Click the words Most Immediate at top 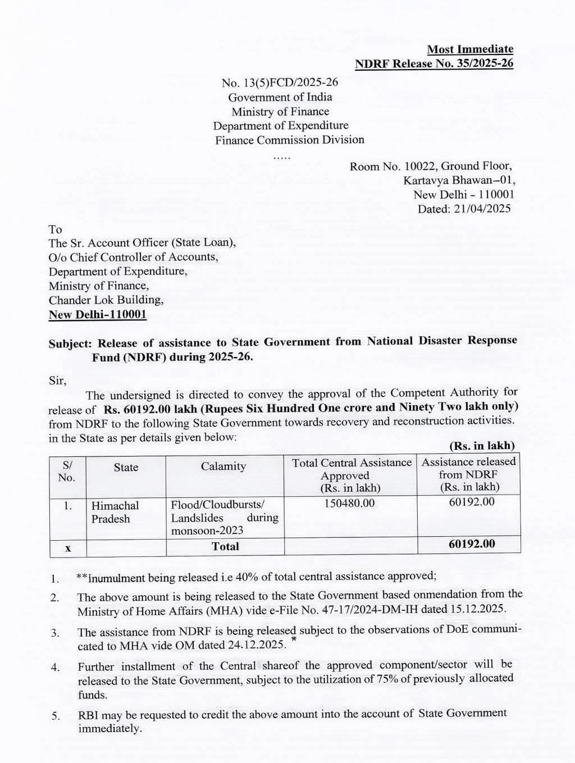tap(470, 49)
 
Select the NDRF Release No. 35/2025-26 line tap(434, 63)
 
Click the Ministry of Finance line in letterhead tap(280, 111)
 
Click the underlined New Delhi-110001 tap(98, 314)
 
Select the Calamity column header tap(223, 466)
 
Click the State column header tap(126, 467)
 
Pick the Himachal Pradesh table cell tap(115, 512)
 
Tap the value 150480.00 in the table tap(349, 503)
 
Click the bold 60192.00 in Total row tap(472, 543)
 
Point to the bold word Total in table tap(225, 546)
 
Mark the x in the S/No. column tap(67, 547)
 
